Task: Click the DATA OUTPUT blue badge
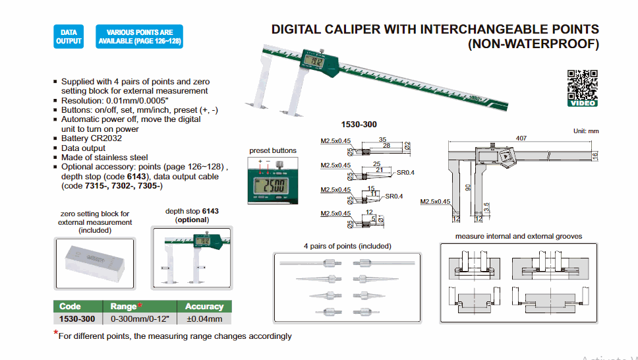coord(69,36)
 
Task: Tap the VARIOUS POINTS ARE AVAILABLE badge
coord(140,36)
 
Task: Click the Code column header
coord(70,307)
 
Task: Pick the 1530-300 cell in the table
coord(77,319)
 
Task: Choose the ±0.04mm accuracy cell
coord(204,319)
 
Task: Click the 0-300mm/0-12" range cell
coord(140,319)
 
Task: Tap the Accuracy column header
coord(204,307)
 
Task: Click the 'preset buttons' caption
coord(273,151)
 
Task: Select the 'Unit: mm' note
coord(586,131)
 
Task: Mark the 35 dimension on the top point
coord(382,140)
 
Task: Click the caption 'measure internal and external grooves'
coord(519,236)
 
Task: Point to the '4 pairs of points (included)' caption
coord(347,246)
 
